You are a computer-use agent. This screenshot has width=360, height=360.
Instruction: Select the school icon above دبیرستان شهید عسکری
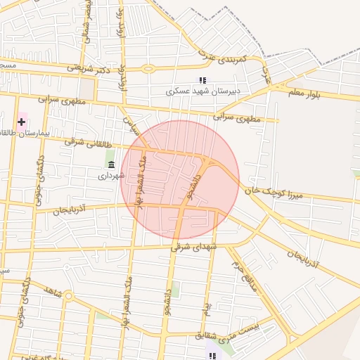202,81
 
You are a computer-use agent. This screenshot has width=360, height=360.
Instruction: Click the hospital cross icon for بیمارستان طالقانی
21,122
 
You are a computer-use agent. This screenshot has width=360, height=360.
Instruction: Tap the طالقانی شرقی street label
79,142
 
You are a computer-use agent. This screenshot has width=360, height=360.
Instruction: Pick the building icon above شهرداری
111,165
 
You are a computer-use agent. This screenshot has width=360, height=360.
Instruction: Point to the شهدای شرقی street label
195,247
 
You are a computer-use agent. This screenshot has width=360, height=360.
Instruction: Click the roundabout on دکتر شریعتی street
148,69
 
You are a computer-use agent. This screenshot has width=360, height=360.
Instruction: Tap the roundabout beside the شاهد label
68,296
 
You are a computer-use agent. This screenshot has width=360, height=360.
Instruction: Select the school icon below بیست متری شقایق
212,355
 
